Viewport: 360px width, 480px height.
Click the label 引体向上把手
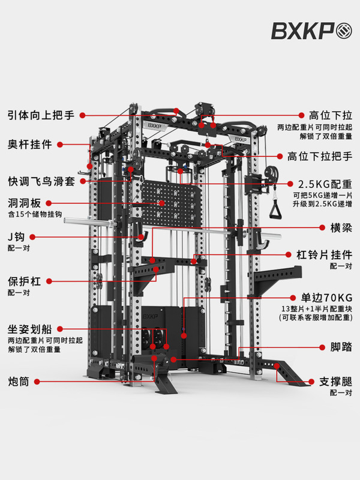tap(40, 114)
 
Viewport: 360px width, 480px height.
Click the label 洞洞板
tap(25, 203)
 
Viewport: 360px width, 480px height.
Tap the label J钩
tap(16, 236)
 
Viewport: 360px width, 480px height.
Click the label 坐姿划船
tap(29, 329)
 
